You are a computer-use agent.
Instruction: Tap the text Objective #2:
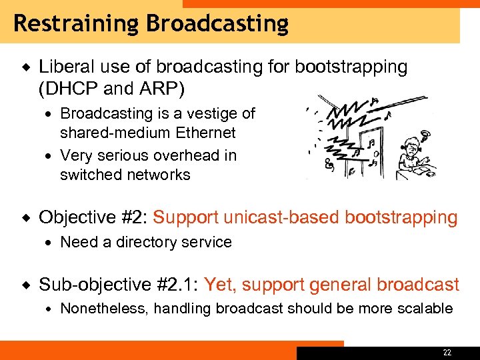tap(93, 217)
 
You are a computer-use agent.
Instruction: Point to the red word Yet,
tap(221, 285)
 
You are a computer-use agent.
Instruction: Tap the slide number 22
tap(447, 352)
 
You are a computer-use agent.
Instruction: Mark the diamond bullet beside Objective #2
tap(25, 217)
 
